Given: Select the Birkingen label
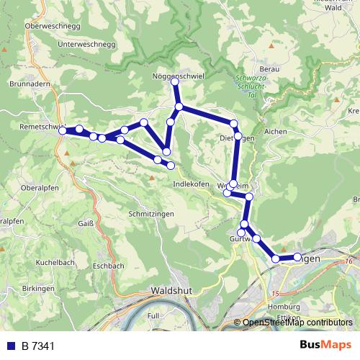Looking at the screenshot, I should [39, 288].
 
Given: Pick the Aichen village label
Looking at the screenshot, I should [275, 132].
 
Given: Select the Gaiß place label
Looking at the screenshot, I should [86, 224].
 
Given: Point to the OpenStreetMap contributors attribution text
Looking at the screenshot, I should [297, 323].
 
